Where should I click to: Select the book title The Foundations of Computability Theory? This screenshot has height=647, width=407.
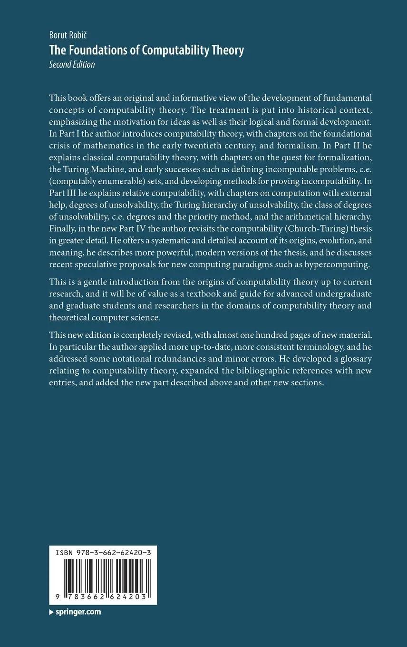[x=146, y=50]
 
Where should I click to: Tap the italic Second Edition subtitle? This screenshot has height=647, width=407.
[x=72, y=65]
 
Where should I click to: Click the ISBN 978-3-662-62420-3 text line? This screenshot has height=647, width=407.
[x=103, y=553]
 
